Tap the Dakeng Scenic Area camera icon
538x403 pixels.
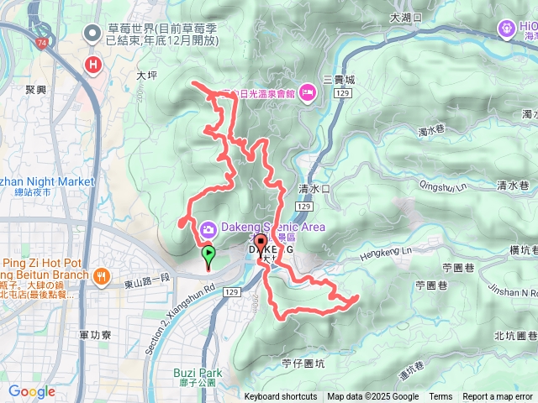coord(207,228)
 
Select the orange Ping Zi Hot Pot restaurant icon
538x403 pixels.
coord(102,275)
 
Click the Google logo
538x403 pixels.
coord(31,391)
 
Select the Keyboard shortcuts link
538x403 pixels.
coord(281,397)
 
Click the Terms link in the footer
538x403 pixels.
coord(440,397)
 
